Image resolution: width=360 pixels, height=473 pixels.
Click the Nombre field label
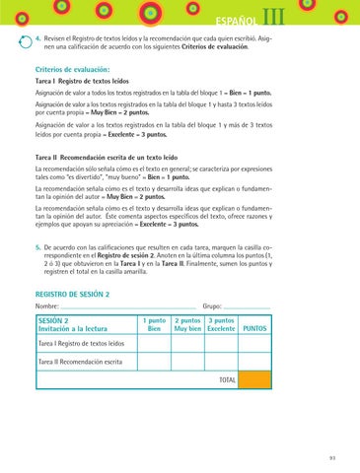click(x=48, y=280)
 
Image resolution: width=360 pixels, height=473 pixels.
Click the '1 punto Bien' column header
click(x=154, y=297)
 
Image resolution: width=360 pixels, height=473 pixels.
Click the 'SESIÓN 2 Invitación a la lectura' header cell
click(x=70, y=297)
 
